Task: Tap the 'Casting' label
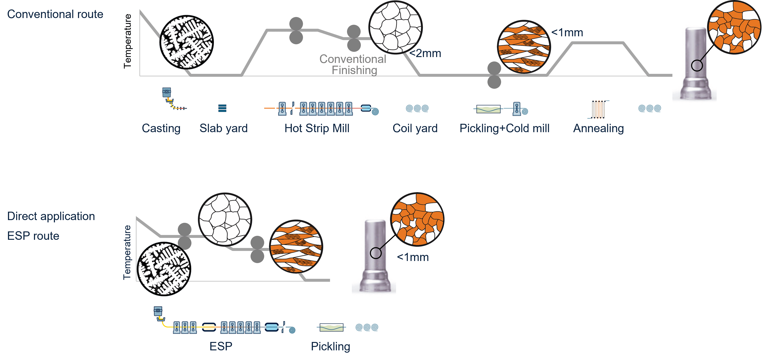(x=161, y=128)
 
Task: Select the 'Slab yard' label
(x=224, y=128)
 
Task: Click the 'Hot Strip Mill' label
(x=317, y=128)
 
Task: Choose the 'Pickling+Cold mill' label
(x=504, y=128)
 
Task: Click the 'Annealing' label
(x=598, y=128)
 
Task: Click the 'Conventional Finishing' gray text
(x=353, y=64)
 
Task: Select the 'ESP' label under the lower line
(x=221, y=346)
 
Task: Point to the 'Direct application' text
(x=51, y=216)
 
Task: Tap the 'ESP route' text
(x=33, y=236)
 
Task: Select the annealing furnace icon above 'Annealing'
(x=598, y=109)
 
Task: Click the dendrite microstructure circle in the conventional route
(x=186, y=42)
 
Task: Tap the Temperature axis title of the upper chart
(x=128, y=41)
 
